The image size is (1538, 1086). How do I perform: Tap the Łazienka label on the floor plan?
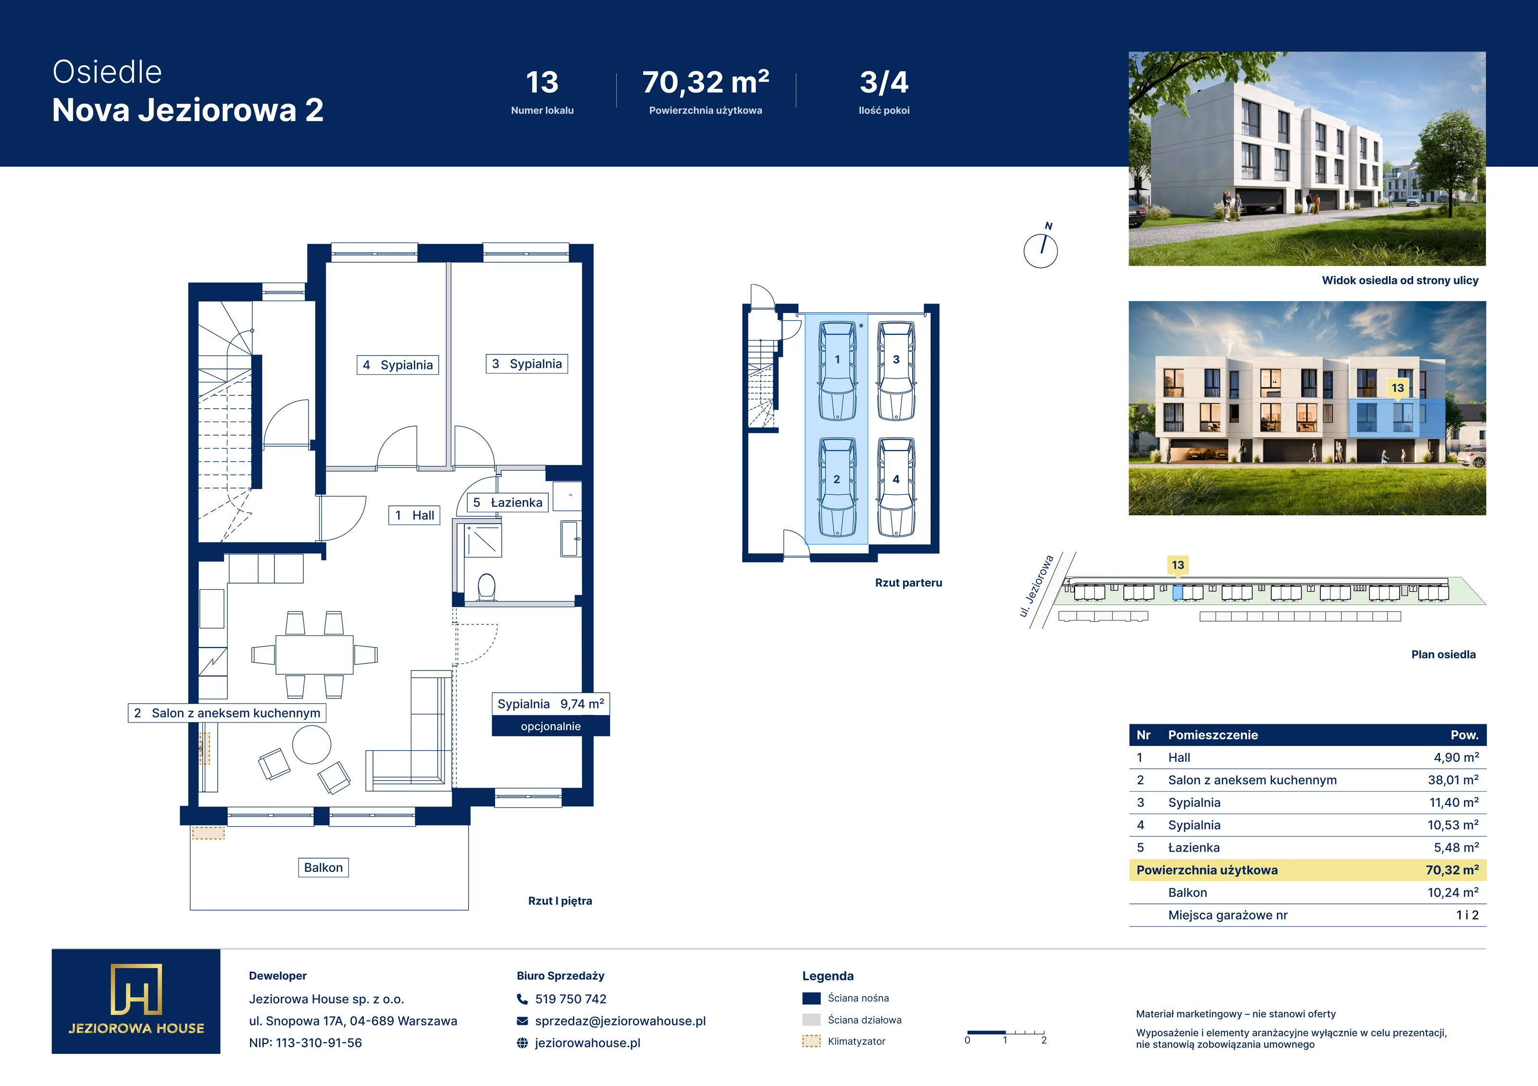point(508,502)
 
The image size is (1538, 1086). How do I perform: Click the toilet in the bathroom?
point(487,587)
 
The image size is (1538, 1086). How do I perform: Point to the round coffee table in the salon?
point(311,744)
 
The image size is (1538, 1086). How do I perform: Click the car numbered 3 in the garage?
point(896,371)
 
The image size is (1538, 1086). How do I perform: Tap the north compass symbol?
point(1041,248)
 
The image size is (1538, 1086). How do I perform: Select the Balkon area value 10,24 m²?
point(1453,892)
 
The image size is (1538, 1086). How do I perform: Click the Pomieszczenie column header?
point(1213,735)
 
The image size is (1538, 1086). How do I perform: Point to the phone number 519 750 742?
point(571,999)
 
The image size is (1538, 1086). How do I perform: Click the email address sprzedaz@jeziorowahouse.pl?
point(620,1021)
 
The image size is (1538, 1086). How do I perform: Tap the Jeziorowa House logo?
point(136,1001)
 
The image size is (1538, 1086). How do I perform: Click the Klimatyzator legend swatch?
point(811,1041)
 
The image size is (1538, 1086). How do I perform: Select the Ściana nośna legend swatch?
point(811,998)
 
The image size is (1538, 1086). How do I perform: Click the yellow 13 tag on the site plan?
point(1178,566)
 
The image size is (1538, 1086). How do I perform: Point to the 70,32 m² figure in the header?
point(706,82)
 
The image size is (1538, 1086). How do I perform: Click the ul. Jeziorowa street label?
point(1036,586)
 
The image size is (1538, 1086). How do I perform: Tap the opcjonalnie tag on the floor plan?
point(551,726)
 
